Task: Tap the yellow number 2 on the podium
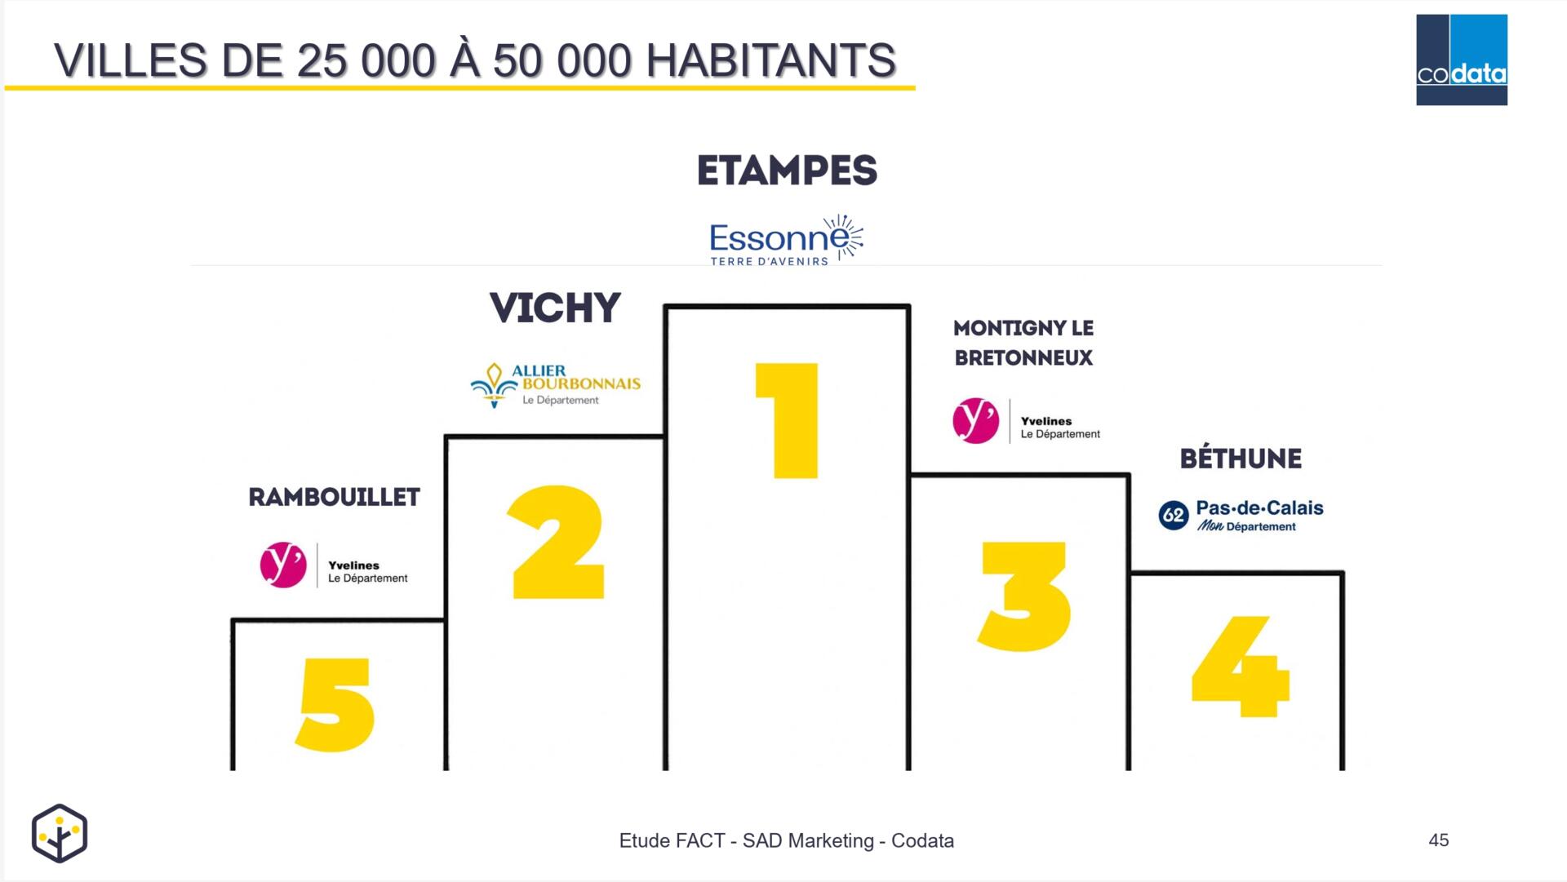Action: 557,543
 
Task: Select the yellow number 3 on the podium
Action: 1023,596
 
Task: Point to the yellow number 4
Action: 1241,666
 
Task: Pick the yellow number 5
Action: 335,704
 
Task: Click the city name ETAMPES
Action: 787,171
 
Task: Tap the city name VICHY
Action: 555,308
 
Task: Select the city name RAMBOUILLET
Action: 334,497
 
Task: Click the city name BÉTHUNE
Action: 1241,458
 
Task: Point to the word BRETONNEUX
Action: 1023,358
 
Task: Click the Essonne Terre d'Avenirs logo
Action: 786,240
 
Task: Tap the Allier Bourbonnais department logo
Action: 556,385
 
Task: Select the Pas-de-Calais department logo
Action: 1241,516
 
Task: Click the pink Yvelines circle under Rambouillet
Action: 283,565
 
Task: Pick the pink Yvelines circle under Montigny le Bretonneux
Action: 976,421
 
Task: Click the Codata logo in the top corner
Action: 1462,60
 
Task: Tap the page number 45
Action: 1439,840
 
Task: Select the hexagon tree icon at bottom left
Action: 60,833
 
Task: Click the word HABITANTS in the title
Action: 770,60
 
